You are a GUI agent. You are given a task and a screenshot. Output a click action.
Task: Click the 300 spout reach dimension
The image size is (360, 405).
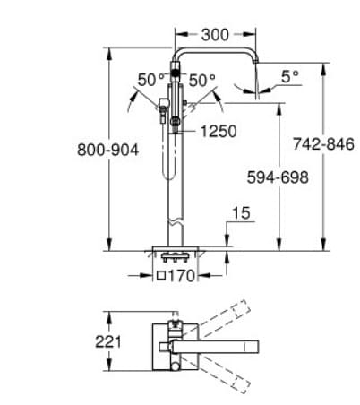(215, 35)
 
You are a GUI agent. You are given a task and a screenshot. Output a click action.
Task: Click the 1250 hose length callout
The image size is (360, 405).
(218, 132)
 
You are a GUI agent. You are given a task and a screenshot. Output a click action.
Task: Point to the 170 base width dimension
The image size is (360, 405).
(182, 275)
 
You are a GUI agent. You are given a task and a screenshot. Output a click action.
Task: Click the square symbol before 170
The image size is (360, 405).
(162, 275)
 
